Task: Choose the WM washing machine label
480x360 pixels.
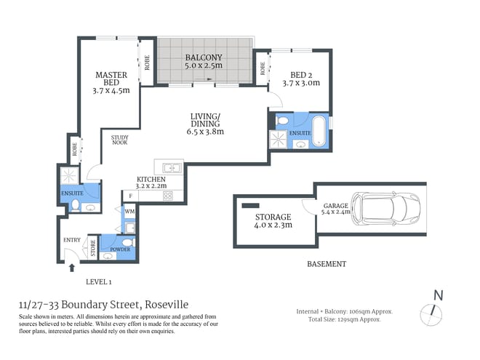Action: coord(129,212)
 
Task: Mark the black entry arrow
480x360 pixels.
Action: coord(71,268)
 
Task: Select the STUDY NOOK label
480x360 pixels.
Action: coord(120,140)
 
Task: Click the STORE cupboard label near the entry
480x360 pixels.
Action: coord(92,247)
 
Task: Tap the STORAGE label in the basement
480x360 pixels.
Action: coord(273,217)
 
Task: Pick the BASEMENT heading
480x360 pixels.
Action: coord(327,264)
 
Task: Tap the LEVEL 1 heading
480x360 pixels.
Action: coord(99,281)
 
